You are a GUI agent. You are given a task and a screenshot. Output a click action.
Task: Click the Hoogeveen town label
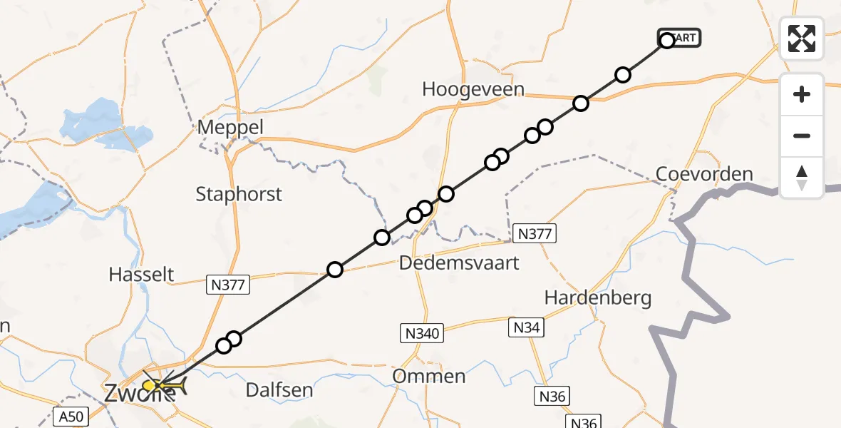473,90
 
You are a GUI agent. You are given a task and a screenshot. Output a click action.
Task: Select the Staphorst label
239,194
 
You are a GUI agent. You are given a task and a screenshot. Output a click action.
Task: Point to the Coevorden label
704,174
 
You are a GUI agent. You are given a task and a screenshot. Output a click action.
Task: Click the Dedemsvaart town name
459,263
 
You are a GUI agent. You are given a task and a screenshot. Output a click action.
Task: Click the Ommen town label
429,376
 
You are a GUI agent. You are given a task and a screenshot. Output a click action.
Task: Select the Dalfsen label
279,389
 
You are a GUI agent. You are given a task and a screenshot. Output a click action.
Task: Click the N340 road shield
420,332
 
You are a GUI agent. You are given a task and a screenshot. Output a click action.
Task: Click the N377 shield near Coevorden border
533,233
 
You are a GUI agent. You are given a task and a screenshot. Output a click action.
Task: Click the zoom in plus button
802,94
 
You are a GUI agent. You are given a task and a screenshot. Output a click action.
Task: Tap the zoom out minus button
802,136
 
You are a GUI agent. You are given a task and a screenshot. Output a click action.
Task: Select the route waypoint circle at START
667,41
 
